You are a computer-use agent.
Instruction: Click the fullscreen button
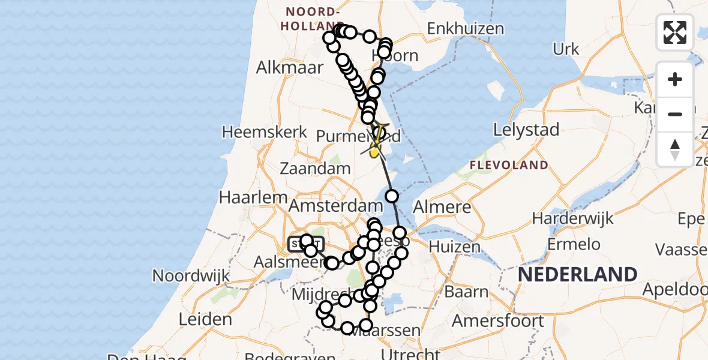pyautogui.click(x=675, y=32)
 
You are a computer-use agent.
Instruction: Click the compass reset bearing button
pyautogui.click(x=675, y=148)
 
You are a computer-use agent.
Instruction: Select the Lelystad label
pyautogui.click(x=526, y=129)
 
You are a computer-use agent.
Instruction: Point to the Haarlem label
pyautogui.click(x=245, y=197)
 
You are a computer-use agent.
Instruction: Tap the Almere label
pyautogui.click(x=442, y=208)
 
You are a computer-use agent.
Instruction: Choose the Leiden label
pyautogui.click(x=205, y=319)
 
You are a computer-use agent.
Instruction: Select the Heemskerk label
pyautogui.click(x=265, y=132)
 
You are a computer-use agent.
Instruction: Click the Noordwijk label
pyautogui.click(x=192, y=275)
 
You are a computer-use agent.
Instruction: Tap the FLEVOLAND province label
pyautogui.click(x=509, y=165)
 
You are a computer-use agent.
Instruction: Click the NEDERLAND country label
pyautogui.click(x=577, y=274)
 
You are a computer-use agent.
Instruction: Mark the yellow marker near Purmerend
pyautogui.click(x=374, y=152)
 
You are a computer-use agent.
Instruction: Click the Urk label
pyautogui.click(x=566, y=49)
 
